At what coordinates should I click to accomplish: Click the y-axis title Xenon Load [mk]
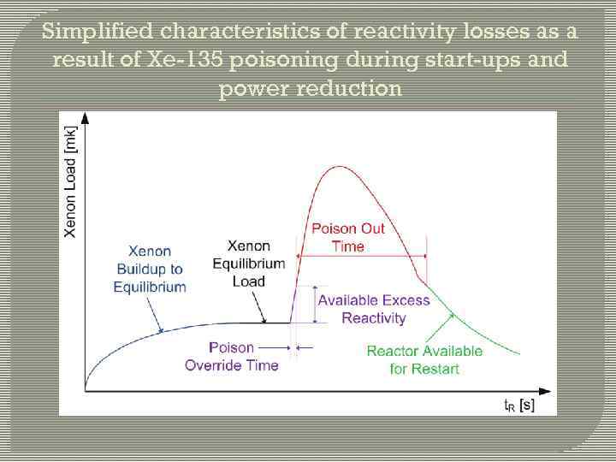(x=71, y=182)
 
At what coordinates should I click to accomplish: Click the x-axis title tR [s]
(x=518, y=404)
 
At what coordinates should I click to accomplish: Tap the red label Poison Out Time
(x=347, y=237)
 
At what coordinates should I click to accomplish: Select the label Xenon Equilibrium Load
(x=248, y=263)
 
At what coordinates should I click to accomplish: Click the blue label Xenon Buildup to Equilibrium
(x=150, y=269)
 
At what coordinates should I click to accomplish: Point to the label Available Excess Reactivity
(x=361, y=309)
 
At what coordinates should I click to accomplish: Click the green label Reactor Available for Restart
(x=424, y=359)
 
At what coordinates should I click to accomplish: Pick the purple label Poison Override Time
(x=232, y=356)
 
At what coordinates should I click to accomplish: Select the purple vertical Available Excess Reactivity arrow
(x=315, y=304)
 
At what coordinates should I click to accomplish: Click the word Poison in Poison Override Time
(x=232, y=347)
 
